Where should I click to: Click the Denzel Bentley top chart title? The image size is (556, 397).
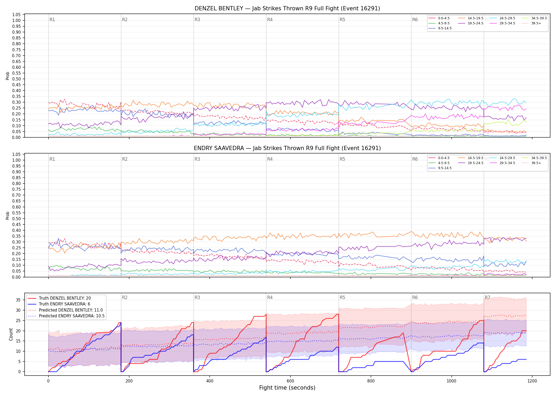click(x=287, y=8)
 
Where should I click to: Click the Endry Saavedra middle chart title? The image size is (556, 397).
click(x=287, y=148)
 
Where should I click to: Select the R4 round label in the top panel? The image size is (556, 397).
click(x=270, y=20)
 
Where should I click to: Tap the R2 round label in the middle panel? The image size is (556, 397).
click(x=125, y=159)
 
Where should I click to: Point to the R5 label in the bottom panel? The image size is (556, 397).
click(x=342, y=297)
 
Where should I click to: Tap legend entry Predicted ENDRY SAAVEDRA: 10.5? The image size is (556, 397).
click(x=66, y=316)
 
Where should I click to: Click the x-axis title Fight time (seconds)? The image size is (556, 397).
click(x=287, y=388)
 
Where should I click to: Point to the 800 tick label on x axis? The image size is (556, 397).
click(x=371, y=381)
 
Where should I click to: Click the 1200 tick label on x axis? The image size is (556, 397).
click(x=532, y=381)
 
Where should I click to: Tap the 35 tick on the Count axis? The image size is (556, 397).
click(x=18, y=300)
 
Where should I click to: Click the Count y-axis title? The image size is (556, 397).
click(x=11, y=334)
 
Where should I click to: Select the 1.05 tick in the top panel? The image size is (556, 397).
click(x=16, y=15)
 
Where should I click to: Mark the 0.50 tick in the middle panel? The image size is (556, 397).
click(x=16, y=219)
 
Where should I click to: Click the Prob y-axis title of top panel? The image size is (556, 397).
click(x=8, y=76)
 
